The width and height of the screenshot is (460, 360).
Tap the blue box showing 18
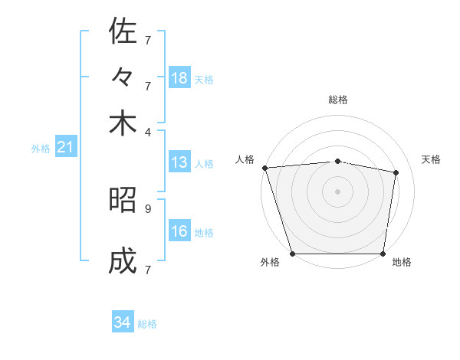179,78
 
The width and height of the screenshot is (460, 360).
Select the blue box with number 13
179,162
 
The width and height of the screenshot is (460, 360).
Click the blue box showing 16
179,231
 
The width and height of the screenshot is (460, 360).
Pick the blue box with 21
64,147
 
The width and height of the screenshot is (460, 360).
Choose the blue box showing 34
123,323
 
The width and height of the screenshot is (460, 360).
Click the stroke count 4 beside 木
148,132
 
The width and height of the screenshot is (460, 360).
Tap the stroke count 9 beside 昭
148,208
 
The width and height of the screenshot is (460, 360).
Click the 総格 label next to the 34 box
147,324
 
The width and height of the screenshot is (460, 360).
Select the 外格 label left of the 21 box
41,149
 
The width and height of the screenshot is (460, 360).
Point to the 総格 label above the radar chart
337,100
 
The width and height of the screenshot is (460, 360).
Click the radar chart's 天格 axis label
432,159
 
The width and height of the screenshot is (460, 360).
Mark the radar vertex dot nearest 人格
264,168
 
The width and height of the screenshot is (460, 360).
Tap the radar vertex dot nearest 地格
383,254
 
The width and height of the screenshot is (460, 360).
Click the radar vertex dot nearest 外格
292,254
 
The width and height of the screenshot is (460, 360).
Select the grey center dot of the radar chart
337,191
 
